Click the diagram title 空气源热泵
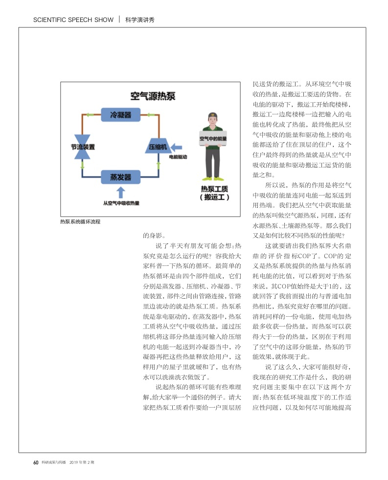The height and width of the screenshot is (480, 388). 152,96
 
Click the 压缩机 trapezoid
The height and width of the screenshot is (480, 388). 158,146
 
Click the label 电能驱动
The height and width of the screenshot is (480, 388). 178,157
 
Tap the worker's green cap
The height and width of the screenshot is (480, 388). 213,116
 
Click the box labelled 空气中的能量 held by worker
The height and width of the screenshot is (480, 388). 213,139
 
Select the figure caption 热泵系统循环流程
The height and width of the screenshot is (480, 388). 80,222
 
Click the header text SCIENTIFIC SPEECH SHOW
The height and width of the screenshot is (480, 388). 73,20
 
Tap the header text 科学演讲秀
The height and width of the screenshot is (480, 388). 140,20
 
